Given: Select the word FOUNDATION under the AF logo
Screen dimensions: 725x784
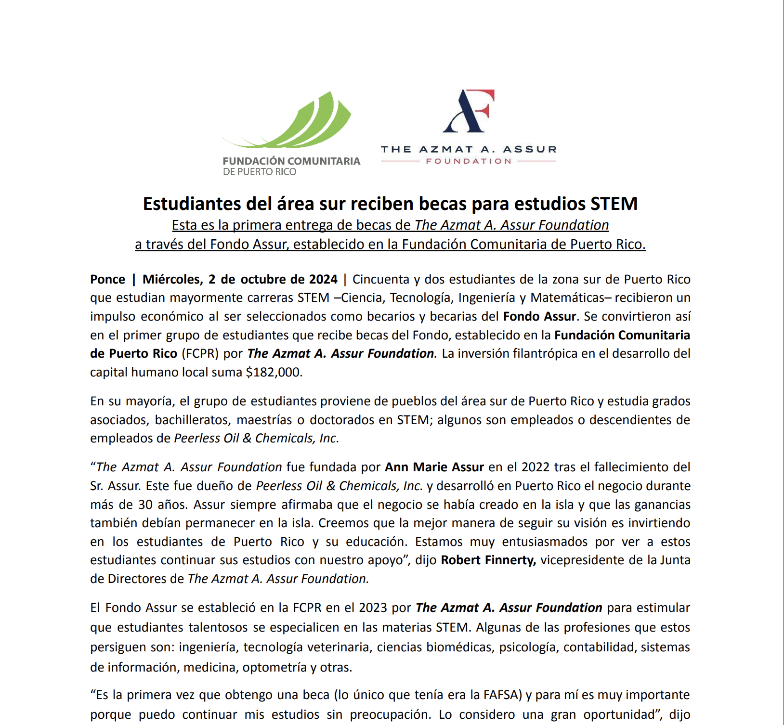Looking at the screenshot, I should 469,161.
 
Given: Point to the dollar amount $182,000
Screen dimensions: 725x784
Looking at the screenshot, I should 273,372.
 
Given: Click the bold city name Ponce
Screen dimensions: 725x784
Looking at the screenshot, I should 107,279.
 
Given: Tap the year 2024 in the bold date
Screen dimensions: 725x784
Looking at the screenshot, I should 323,279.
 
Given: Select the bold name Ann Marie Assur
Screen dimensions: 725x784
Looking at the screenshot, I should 434,467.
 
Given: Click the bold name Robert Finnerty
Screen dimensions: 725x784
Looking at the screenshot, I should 488,560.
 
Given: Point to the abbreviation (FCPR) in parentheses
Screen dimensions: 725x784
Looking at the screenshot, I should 200,353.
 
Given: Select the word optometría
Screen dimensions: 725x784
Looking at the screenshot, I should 274,667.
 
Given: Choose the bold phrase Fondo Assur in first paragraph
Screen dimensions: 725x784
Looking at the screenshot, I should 539,316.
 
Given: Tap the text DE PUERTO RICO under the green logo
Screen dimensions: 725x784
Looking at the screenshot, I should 259,172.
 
